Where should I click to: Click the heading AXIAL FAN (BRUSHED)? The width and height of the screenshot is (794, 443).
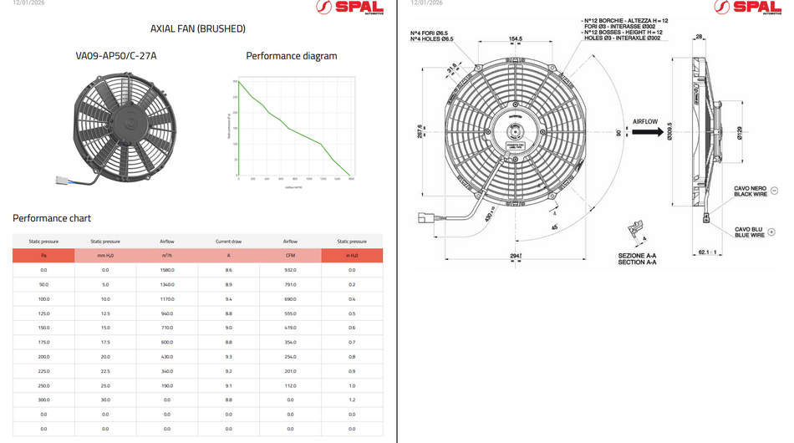pos(198,28)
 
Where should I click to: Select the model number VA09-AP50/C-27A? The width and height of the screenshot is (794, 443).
pos(116,56)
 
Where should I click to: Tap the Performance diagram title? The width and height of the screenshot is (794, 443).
pos(291,56)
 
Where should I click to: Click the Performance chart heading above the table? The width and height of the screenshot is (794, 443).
pos(52,218)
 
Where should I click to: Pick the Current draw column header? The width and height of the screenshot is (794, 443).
pos(228,242)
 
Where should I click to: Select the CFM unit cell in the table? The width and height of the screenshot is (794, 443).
pos(290,256)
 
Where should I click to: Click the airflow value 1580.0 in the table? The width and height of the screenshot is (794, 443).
pos(167,270)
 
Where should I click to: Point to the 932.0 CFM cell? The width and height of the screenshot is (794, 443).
pos(290,270)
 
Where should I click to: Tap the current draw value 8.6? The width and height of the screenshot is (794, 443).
pos(228,270)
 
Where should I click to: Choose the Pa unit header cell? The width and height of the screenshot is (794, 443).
pos(43,256)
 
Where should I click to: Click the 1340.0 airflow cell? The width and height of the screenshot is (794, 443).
pos(167,285)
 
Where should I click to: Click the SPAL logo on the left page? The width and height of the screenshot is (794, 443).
pos(349,8)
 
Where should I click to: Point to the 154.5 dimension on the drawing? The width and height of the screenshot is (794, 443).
pos(515,39)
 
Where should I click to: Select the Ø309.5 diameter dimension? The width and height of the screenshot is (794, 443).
pos(670,132)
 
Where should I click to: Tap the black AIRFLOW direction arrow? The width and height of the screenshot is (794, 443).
pos(648,132)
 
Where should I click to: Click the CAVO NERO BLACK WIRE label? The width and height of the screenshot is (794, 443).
pos(750,191)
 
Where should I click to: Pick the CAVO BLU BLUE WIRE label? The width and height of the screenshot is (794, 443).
pos(749,232)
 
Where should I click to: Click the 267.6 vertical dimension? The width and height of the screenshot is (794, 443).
pos(420,131)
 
